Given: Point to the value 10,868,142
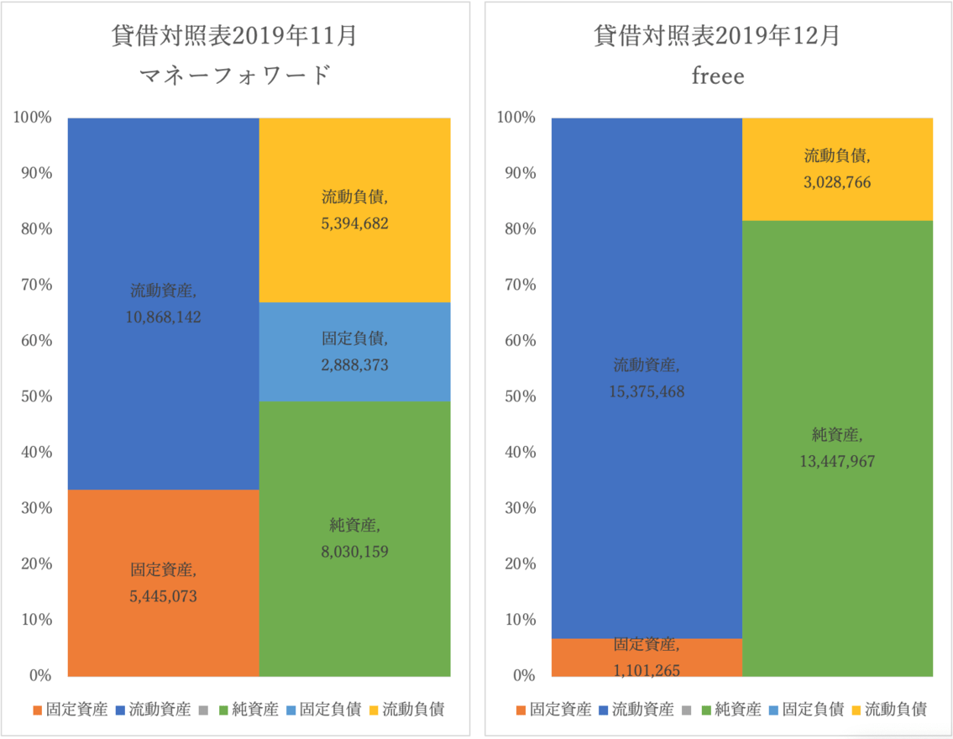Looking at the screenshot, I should tap(163, 317).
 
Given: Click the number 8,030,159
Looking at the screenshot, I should tap(354, 552).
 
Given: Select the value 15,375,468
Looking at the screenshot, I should tap(647, 391).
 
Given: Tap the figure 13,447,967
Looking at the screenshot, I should tap(838, 461).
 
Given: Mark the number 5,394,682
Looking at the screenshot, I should tap(354, 223).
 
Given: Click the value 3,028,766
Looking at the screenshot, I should tap(838, 182).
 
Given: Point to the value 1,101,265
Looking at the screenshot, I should tap(647, 670).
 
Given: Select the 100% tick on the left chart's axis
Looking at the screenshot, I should tap(31, 118).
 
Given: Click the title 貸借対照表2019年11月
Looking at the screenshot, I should tap(235, 37).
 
